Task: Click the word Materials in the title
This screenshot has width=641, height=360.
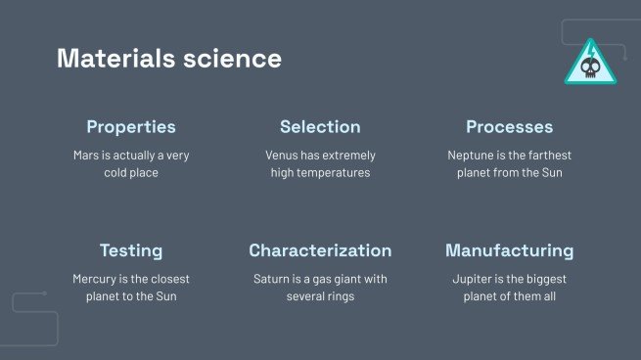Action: pos(116,58)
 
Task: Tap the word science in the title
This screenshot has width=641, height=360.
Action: pos(232,59)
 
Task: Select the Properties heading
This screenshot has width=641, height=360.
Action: pos(131,127)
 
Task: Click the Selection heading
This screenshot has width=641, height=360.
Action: pos(321,126)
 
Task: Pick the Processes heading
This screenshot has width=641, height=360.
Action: pos(509,126)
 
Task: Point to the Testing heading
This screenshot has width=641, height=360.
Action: pos(131,250)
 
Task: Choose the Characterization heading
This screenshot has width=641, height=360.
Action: pos(320,250)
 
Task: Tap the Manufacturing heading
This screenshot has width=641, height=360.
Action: pos(509,250)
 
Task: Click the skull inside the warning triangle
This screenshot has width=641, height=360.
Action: pos(590,67)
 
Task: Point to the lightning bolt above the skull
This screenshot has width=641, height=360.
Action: pos(591,52)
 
